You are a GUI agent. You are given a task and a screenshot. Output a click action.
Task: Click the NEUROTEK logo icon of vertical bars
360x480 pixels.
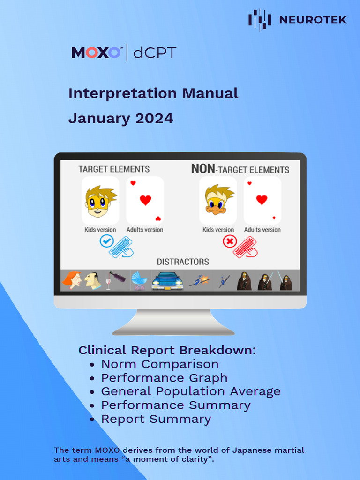(x=259, y=19)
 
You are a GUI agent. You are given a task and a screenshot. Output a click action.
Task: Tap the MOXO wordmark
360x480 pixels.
(x=96, y=52)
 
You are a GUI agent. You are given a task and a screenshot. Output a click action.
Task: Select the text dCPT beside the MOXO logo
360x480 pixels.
(x=155, y=53)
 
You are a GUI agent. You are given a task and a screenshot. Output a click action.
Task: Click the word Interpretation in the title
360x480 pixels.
(x=122, y=93)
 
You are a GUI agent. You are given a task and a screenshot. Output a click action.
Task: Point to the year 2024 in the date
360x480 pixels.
(x=154, y=119)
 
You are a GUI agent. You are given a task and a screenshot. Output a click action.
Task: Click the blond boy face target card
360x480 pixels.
(x=100, y=201)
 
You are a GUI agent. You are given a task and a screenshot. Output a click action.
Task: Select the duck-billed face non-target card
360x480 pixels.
(x=218, y=200)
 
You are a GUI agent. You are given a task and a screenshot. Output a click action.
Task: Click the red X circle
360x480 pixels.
(x=229, y=242)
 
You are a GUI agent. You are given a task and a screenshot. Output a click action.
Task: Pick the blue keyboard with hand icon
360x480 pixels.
(x=121, y=247)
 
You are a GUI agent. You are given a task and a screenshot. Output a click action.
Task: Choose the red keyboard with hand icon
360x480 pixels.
(x=245, y=247)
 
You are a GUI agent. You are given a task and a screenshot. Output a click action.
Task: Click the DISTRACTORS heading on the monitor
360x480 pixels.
(x=183, y=262)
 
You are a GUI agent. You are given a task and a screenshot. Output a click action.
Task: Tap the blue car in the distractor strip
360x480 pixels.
(x=167, y=281)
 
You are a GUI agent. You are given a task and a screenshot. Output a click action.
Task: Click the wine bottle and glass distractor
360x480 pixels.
(x=115, y=280)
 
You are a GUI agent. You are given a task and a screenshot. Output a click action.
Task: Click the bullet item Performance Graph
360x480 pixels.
(x=164, y=378)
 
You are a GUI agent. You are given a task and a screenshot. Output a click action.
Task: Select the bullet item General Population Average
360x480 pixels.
(x=191, y=391)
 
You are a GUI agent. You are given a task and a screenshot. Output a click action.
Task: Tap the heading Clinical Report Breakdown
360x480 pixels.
(x=167, y=350)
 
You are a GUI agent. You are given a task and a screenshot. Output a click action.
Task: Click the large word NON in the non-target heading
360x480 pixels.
(x=202, y=169)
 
